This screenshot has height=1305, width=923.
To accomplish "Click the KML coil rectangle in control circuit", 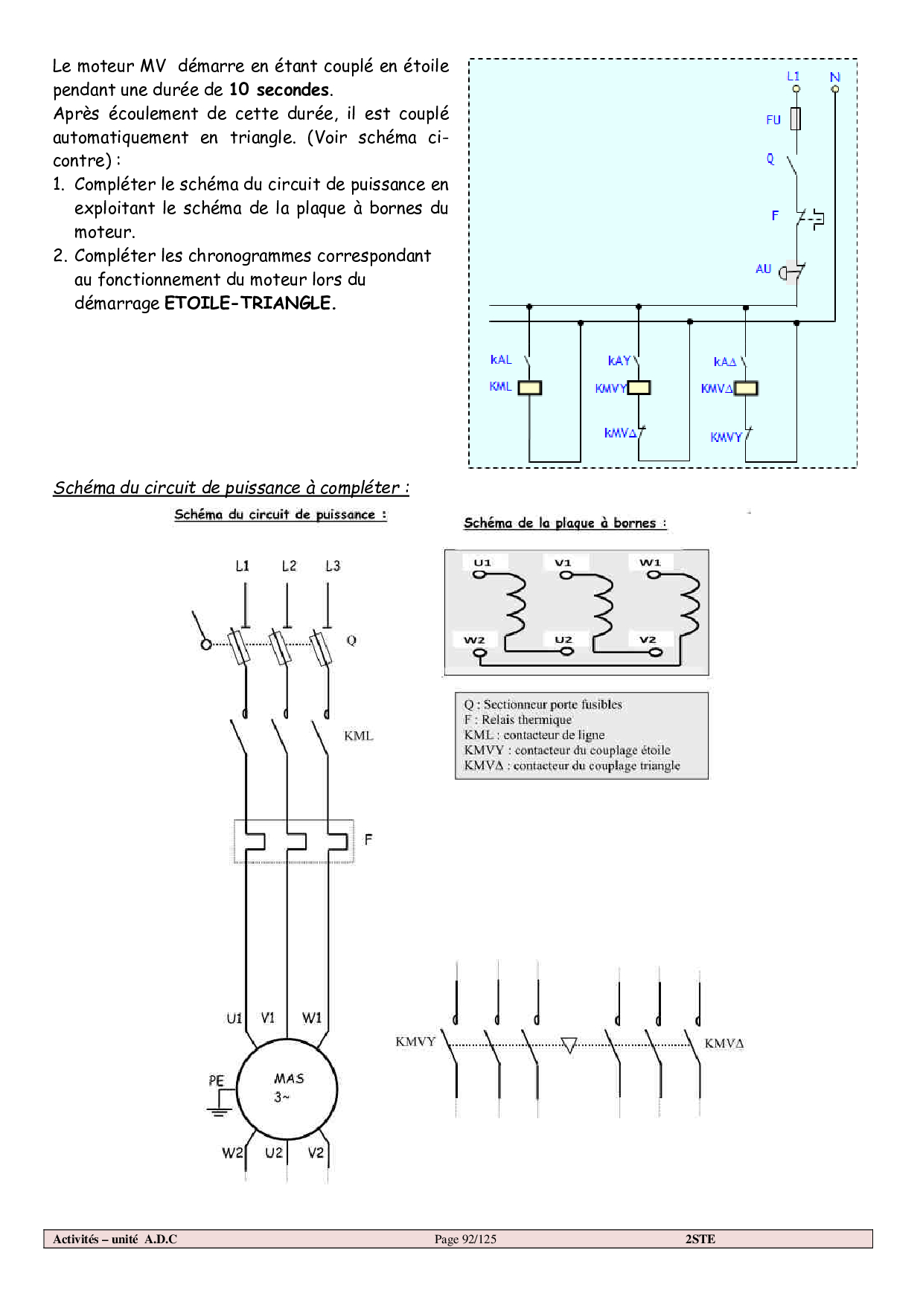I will click(x=529, y=388).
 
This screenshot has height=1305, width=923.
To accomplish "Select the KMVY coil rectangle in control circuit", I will click(x=639, y=388).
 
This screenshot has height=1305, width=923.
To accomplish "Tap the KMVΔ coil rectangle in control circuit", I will click(x=746, y=388).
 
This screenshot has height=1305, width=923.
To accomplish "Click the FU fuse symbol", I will click(x=796, y=119).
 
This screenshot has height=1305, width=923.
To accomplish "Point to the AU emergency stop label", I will click(x=763, y=269).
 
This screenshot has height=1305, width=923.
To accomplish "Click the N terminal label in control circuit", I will click(x=834, y=77).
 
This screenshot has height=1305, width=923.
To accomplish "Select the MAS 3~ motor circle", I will click(x=287, y=1088).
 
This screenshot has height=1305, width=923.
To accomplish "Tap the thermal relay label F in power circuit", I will click(x=368, y=839).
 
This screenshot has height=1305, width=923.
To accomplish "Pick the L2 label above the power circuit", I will click(x=289, y=566).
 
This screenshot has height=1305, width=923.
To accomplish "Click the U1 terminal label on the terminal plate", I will click(x=482, y=562).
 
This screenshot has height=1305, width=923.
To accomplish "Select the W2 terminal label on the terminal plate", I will click(x=474, y=640).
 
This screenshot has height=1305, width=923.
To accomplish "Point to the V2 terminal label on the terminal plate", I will click(x=648, y=640).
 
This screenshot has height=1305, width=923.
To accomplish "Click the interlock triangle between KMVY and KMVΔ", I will click(x=569, y=1045).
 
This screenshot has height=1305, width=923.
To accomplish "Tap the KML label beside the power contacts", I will click(x=358, y=736).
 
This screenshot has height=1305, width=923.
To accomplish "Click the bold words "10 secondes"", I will click(x=279, y=90).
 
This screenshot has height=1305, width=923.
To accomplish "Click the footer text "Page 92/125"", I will click(x=465, y=1239).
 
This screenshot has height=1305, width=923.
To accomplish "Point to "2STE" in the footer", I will click(x=700, y=1239).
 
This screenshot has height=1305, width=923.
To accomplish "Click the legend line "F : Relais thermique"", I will click(x=518, y=719).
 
